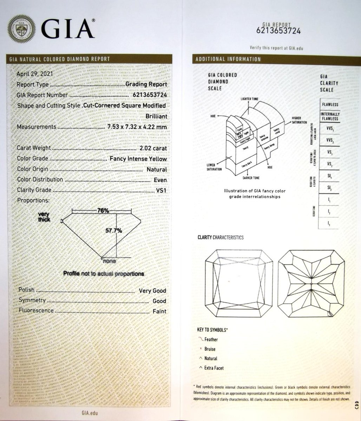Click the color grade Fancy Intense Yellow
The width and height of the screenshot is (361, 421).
(x=138, y=159)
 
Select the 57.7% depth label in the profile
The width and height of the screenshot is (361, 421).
(x=114, y=230)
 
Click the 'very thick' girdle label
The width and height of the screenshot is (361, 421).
(x=45, y=217)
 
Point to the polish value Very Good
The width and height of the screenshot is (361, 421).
(x=152, y=291)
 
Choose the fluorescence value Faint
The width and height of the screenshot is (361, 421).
(x=159, y=311)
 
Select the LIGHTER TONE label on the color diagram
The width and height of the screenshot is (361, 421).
(x=249, y=99)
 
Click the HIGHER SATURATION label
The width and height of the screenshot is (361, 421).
(x=299, y=120)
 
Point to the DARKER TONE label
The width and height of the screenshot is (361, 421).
(x=250, y=178)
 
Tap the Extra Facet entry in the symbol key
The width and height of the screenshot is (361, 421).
(x=214, y=368)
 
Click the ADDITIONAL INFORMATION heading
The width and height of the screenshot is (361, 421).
(x=228, y=59)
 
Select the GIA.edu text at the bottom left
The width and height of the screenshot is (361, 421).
(x=89, y=413)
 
